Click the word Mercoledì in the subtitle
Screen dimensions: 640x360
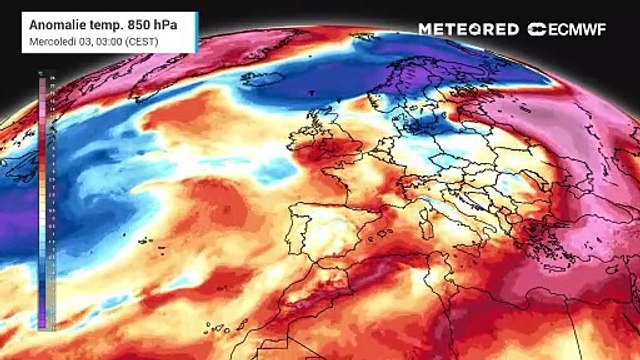(x=52, y=41)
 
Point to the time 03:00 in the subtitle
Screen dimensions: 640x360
(x=112, y=41)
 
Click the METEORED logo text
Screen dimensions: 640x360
(x=468, y=29)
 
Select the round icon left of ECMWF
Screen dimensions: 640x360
(x=537, y=29)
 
